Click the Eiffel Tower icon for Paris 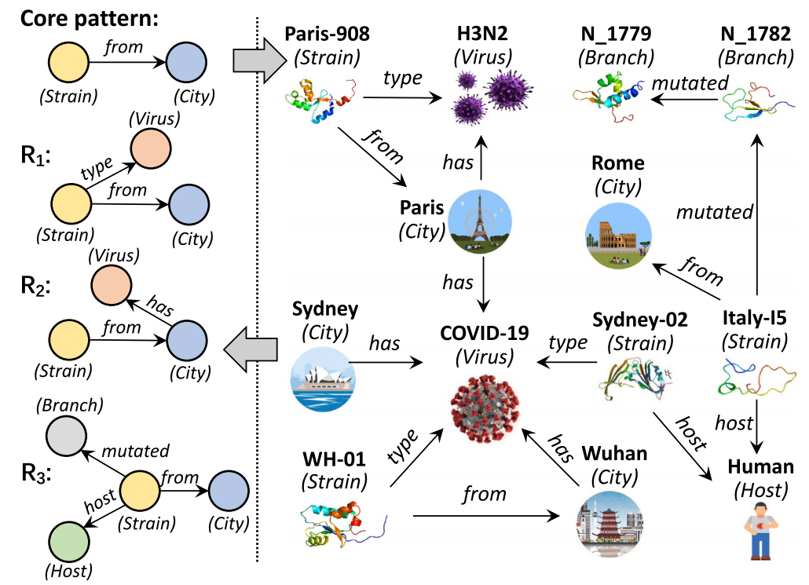click(480, 221)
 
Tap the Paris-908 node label click(328, 34)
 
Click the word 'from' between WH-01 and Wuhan click(485, 493)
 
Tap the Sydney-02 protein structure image click(634, 379)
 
